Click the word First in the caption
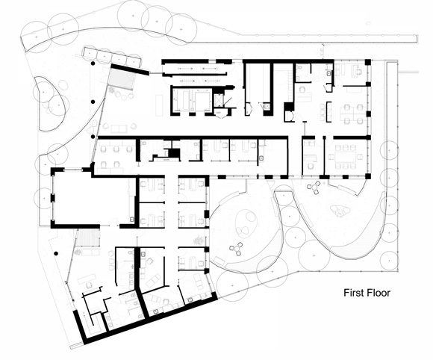click(353, 293)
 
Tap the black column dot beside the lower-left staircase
click(56, 253)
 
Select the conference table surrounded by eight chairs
click(345, 157)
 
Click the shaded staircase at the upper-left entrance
click(122, 78)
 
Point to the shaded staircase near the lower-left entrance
click(88, 238)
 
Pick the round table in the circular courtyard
click(237, 249)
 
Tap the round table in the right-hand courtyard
click(314, 187)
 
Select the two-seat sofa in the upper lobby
click(119, 128)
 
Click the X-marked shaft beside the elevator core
click(219, 100)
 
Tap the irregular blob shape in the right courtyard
click(340, 211)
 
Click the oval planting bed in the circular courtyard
click(245, 223)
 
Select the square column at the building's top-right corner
click(368, 62)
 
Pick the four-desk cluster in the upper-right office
click(354, 114)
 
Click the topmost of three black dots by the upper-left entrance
click(93, 63)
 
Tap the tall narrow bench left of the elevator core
click(159, 105)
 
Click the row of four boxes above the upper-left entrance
click(113, 58)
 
